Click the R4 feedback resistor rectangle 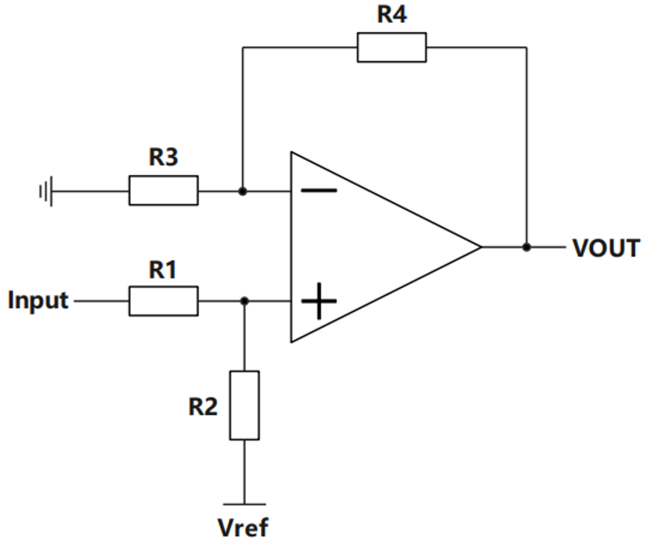tap(391, 48)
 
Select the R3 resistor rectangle tap(163, 190)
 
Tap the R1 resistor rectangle tap(163, 301)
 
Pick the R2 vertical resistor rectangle tap(244, 405)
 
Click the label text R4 tap(392, 14)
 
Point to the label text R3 tap(164, 157)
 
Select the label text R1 tap(162, 270)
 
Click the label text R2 tap(203, 407)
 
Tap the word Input tap(38, 299)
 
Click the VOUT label tap(605, 248)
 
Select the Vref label tap(243, 527)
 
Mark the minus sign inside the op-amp tap(319, 190)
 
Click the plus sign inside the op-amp tap(319, 301)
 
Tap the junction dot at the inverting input tap(243, 192)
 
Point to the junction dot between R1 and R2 tap(244, 301)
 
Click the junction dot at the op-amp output tap(527, 247)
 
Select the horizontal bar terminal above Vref tap(244, 504)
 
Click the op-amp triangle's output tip tap(480, 247)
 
